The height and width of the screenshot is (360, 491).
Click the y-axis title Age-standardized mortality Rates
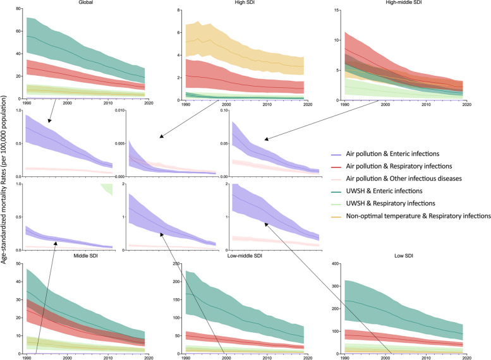click(5, 180)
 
